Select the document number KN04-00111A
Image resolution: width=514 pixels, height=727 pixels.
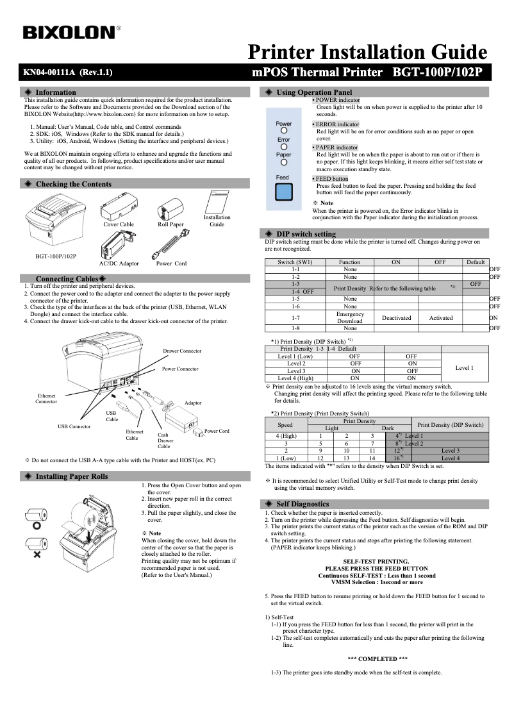pyautogui.click(x=49, y=72)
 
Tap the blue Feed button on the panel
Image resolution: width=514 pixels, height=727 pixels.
pyautogui.click(x=283, y=193)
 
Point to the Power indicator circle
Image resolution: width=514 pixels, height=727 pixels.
pyautogui.click(x=283, y=131)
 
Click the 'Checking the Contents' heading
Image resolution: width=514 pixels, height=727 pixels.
pyautogui.click(x=73, y=184)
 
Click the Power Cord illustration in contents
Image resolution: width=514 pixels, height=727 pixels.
pyautogui.click(x=171, y=245)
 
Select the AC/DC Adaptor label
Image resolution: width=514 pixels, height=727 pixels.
pyautogui.click(x=119, y=263)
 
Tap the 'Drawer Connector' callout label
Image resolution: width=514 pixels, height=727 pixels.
pyautogui.click(x=181, y=351)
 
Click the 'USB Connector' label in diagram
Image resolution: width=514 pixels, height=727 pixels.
pyautogui.click(x=74, y=426)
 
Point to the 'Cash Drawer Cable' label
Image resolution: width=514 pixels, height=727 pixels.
pyautogui.click(x=165, y=440)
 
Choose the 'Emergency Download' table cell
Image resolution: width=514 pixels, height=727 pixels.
pyautogui.click(x=350, y=318)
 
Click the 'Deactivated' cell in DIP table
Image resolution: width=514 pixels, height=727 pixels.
pyautogui.click(x=396, y=318)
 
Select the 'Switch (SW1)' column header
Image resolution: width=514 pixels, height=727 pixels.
pyautogui.click(x=295, y=262)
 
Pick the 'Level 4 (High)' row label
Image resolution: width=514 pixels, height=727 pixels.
pyautogui.click(x=295, y=378)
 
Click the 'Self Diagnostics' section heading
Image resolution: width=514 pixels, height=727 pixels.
pyautogui.click(x=302, y=504)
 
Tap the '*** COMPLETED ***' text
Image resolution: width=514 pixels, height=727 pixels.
pyautogui.click(x=377, y=658)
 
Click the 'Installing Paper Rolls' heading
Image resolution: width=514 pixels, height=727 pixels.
pyautogui.click(x=71, y=476)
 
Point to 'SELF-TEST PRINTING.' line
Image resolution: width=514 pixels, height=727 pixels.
pyautogui.click(x=377, y=561)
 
